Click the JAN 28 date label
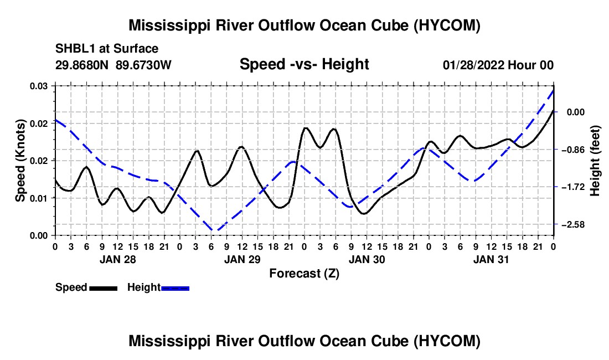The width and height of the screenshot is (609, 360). (x=118, y=259)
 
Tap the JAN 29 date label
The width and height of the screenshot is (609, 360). (x=242, y=259)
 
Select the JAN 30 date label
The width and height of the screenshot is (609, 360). (x=367, y=259)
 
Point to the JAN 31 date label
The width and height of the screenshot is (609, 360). (x=491, y=259)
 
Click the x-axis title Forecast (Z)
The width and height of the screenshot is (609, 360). (x=304, y=274)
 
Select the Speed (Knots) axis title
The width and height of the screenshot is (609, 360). (x=20, y=161)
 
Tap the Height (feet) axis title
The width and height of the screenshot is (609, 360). (x=595, y=161)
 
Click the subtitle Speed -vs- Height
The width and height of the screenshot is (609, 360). (x=304, y=64)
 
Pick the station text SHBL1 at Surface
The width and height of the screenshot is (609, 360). (x=107, y=49)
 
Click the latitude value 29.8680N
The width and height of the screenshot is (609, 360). (x=81, y=65)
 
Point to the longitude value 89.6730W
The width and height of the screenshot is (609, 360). (x=143, y=65)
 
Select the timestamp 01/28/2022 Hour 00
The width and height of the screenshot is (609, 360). (x=498, y=65)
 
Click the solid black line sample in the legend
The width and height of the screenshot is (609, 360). (x=104, y=288)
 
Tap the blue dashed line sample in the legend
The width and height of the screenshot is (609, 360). (x=175, y=288)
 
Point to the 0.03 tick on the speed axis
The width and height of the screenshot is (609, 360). (x=38, y=86)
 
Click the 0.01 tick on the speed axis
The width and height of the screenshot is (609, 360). (x=38, y=198)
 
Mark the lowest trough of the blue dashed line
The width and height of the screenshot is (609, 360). (x=214, y=230)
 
